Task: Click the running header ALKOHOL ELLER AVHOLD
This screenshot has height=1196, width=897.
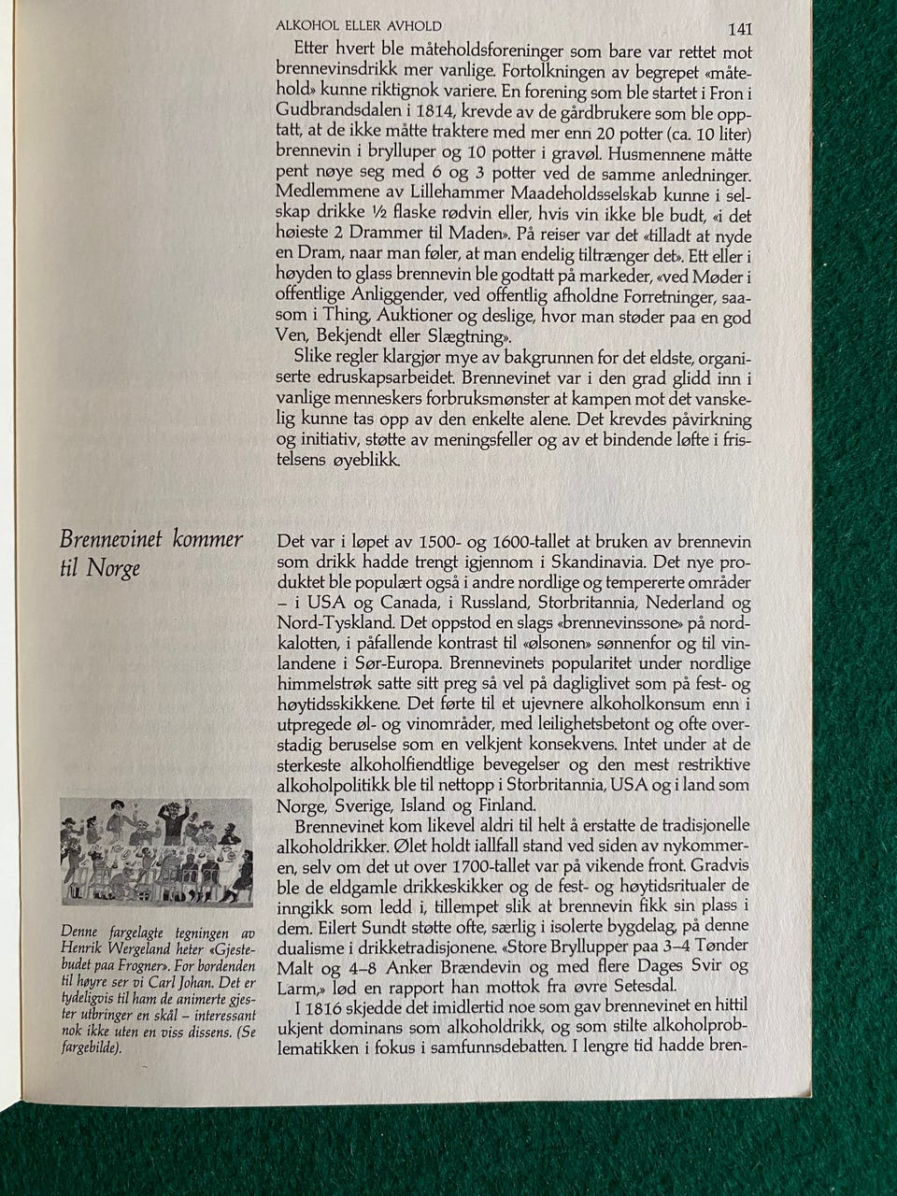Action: [x=359, y=25]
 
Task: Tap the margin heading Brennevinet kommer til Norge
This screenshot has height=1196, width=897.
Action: [x=150, y=552]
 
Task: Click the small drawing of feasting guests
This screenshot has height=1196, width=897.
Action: [x=156, y=851]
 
